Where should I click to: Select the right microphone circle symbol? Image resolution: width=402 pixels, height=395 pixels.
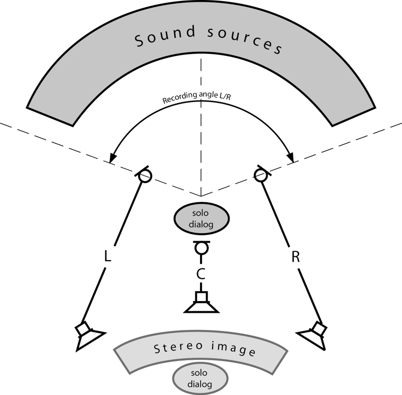click(x=260, y=175)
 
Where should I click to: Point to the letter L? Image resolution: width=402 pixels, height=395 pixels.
click(x=107, y=257)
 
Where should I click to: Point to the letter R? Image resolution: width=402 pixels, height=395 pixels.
click(x=296, y=257)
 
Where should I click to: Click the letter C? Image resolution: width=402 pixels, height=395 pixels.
click(x=202, y=274)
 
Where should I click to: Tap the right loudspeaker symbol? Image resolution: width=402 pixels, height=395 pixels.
click(x=314, y=335)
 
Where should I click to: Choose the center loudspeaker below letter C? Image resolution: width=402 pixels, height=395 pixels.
click(x=202, y=304)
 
